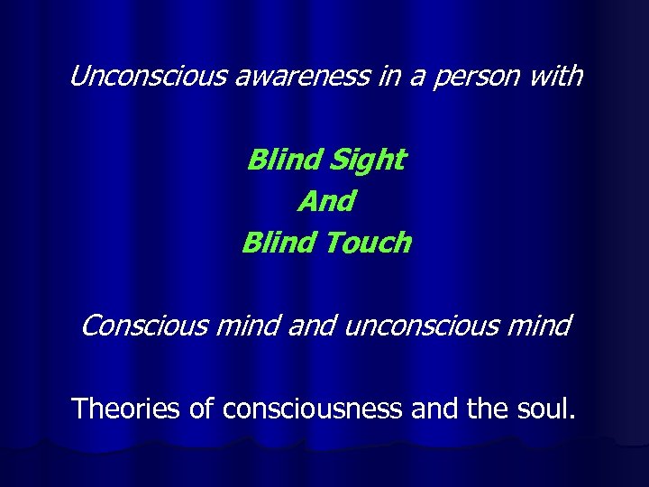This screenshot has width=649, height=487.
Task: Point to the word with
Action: pyautogui.click(x=555, y=78)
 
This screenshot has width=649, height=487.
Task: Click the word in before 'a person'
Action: pyautogui.click(x=375, y=78)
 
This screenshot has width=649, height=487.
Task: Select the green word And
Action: pyautogui.click(x=325, y=201)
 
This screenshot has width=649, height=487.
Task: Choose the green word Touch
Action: pyautogui.click(x=365, y=242)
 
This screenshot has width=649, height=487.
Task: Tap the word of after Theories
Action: pyautogui.click(x=201, y=409)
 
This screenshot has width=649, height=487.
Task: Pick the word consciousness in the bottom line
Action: pyautogui.click(x=312, y=409)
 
